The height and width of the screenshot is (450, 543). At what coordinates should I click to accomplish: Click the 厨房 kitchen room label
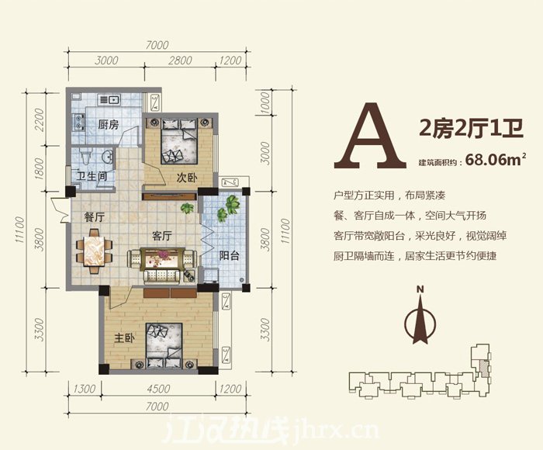[108, 124]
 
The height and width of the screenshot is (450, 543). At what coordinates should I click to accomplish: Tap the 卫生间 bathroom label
[92, 176]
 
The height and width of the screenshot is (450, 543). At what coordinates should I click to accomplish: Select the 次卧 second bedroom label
[187, 178]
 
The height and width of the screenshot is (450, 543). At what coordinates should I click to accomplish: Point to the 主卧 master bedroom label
[124, 337]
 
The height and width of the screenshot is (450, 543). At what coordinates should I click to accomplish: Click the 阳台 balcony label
[229, 256]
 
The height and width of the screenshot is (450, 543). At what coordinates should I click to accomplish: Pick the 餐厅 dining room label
[94, 217]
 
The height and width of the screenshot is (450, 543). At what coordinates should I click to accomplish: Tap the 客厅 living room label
[162, 236]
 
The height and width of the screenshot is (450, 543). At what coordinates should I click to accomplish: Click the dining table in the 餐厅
[94, 251]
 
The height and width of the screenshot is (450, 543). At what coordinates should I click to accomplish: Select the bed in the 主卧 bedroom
[164, 344]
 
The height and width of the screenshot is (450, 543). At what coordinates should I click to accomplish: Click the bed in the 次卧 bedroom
[179, 140]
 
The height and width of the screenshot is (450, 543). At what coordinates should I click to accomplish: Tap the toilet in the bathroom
[85, 157]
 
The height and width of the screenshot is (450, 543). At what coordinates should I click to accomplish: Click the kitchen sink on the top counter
[109, 100]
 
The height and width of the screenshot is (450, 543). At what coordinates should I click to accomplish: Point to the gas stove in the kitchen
[78, 122]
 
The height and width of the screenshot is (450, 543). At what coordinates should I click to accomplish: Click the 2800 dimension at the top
[180, 61]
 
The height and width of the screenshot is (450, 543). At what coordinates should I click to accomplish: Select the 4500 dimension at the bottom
[158, 389]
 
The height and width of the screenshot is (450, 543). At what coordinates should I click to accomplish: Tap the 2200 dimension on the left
[40, 119]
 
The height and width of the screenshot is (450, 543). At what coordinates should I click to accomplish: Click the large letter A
[370, 136]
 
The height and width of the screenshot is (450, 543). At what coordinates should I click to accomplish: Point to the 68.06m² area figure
[496, 160]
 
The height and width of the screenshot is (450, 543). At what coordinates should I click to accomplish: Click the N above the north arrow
[420, 289]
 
